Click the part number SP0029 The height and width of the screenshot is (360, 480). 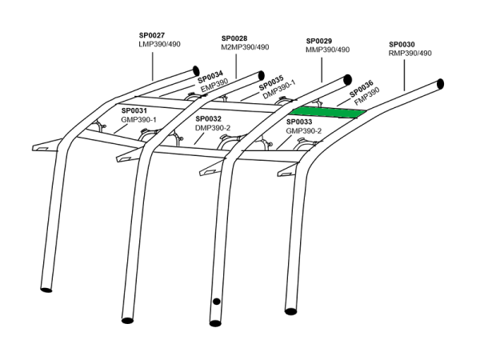pos(320,40)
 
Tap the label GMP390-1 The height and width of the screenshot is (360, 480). pos(138,119)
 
